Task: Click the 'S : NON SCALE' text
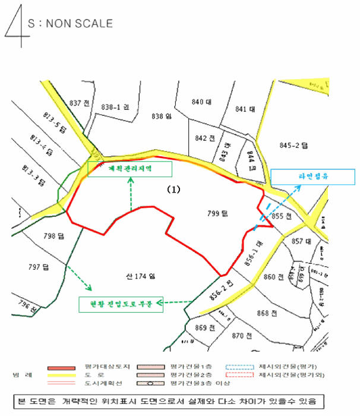click(70, 24)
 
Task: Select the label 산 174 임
click(140, 276)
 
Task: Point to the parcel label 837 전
click(79, 103)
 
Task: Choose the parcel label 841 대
click(245, 109)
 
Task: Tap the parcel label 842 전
click(204, 138)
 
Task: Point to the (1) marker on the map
click(172, 190)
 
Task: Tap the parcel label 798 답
click(54, 236)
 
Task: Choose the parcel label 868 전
click(266, 314)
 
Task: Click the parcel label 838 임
click(161, 115)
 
